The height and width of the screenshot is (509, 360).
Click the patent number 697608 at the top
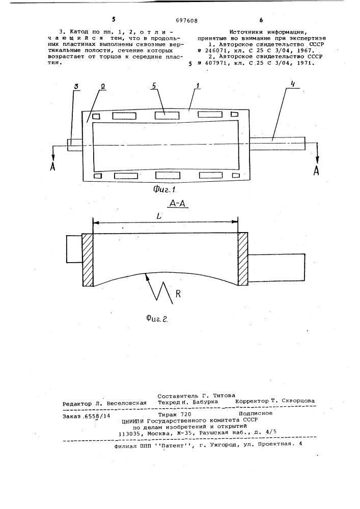click(x=187, y=21)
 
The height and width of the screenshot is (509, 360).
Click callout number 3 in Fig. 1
click(x=76, y=88)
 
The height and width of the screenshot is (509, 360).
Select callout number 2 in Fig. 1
click(x=102, y=88)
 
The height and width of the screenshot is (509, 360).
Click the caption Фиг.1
click(x=163, y=189)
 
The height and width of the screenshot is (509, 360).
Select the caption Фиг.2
click(x=157, y=320)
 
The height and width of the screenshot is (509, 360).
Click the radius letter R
click(x=178, y=294)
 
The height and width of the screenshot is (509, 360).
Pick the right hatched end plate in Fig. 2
click(x=243, y=259)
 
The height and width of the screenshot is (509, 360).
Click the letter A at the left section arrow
click(x=52, y=166)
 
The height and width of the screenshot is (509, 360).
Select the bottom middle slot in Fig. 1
click(x=168, y=175)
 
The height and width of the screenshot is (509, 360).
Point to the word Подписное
click(x=256, y=413)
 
